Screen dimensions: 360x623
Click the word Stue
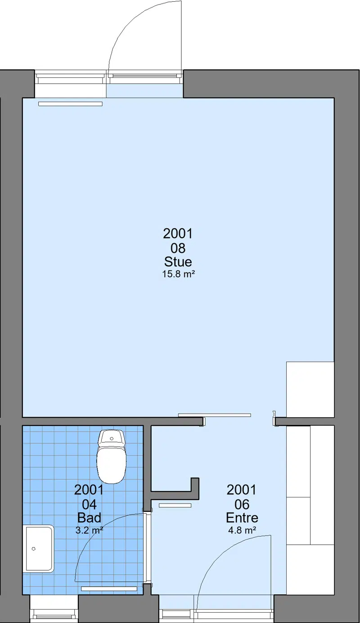[x=178, y=262]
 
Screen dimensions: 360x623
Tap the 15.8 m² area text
[x=178, y=274]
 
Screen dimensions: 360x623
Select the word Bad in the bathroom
[x=90, y=518]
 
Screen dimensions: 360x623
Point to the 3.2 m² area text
[x=90, y=530]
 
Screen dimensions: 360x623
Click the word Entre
[x=242, y=518]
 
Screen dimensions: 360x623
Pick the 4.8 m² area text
[x=242, y=530]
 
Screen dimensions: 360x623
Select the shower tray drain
[x=34, y=549]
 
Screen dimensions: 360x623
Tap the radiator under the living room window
[x=70, y=104]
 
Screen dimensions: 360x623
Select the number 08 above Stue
[x=178, y=248]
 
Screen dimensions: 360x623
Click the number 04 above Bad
[x=90, y=504]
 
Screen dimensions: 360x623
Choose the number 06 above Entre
[x=242, y=504]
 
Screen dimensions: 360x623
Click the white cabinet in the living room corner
[x=310, y=389]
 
